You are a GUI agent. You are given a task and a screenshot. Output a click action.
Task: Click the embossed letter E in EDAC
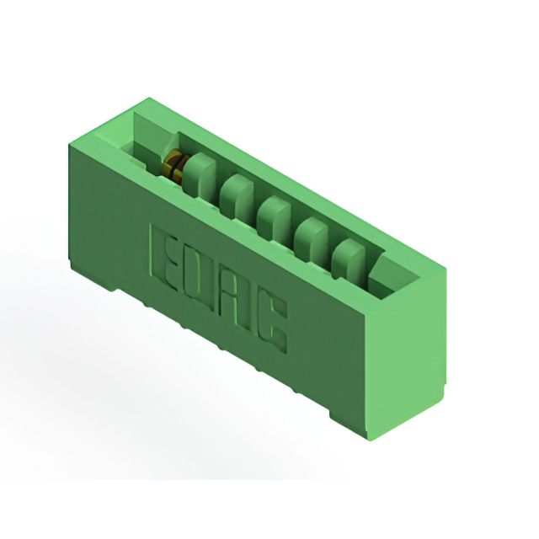[x=163, y=259]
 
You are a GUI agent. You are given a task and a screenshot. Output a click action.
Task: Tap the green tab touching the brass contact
[x=199, y=175]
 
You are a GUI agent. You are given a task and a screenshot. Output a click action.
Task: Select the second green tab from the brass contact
[x=237, y=196]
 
